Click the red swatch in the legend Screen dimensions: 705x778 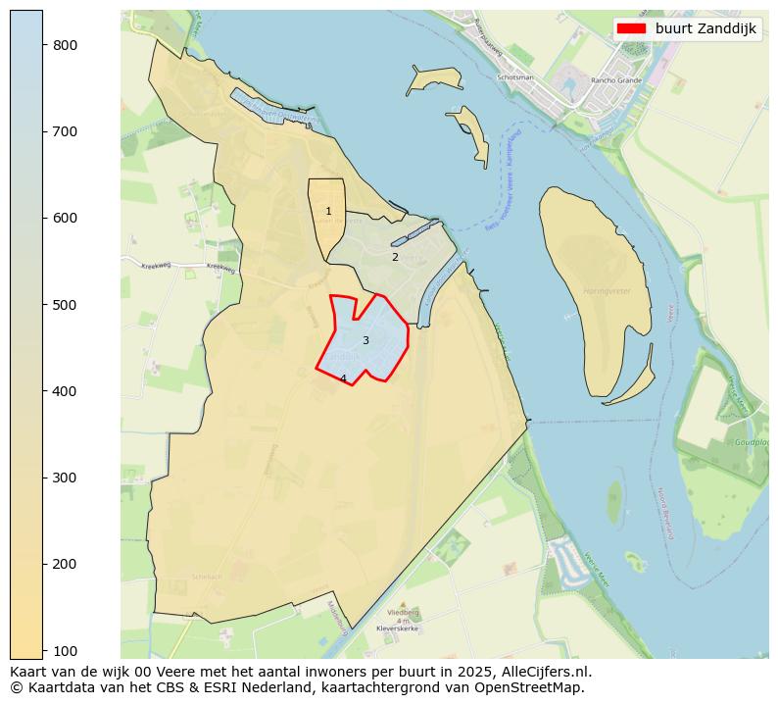click(632, 28)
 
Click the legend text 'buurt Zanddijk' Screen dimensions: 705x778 click(705, 28)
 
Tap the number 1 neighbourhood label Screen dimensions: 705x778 click(328, 212)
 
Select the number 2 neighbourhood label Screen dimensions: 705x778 click(395, 258)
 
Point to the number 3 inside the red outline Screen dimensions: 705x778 click(365, 341)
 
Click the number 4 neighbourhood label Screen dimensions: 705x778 click(343, 378)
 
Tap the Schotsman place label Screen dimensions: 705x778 click(515, 77)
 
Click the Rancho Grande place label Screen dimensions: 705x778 click(615, 80)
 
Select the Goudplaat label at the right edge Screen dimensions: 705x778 click(751, 442)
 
